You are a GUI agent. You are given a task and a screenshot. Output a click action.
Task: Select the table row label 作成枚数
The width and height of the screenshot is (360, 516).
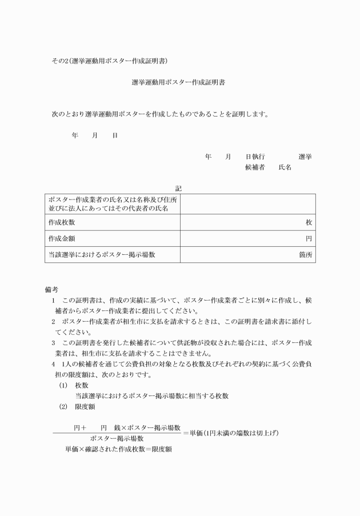pyautogui.click(x=62, y=222)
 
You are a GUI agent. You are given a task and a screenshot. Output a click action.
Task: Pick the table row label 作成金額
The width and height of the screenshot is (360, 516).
pyautogui.click(x=62, y=238)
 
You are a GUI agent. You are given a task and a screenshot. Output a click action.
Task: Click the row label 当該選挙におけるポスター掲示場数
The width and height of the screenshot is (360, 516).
pyautogui.click(x=102, y=254)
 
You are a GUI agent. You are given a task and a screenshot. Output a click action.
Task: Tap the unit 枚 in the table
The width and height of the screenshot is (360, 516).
pyautogui.click(x=309, y=222)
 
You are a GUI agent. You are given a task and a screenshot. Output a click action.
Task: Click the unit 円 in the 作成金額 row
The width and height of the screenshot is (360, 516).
pyautogui.click(x=309, y=238)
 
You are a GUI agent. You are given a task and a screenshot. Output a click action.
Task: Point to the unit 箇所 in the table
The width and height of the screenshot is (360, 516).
pyautogui.click(x=306, y=254)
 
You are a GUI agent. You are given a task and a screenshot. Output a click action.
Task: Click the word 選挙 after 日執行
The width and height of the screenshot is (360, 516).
pyautogui.click(x=305, y=156)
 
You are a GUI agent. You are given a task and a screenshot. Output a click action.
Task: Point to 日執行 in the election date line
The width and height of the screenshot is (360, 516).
pyautogui.click(x=255, y=156)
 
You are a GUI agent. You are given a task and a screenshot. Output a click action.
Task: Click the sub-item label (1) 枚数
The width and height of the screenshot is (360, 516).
pyautogui.click(x=74, y=385)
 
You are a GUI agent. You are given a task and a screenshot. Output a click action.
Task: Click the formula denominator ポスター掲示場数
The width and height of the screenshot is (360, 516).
pyautogui.click(x=117, y=438)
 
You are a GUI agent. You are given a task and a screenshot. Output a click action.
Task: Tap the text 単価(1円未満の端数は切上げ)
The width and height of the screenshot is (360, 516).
pyautogui.click(x=234, y=433)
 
